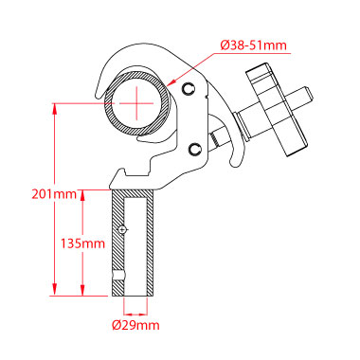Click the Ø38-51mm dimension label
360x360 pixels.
(254, 45)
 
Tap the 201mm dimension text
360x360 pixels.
(54, 194)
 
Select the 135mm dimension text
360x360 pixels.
(82, 243)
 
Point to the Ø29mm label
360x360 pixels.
(135, 325)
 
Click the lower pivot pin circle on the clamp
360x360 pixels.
(195, 149)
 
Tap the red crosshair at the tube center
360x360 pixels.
(137, 103)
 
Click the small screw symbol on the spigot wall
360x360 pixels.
(121, 229)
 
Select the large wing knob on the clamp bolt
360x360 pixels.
(277, 111)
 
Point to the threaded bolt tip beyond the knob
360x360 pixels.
(302, 98)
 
